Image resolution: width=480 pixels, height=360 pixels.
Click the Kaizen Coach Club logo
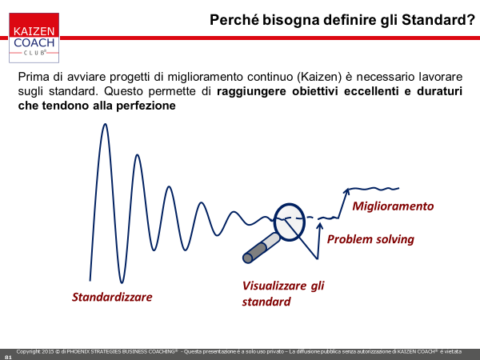pos(34,38)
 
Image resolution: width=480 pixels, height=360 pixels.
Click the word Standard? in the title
pos(438,20)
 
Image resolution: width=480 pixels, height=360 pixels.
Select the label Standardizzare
pos(112,297)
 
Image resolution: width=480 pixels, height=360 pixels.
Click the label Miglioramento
pos(393,206)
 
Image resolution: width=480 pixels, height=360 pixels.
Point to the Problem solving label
pos(370,239)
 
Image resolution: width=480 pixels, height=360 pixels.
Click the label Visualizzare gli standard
pos(283,294)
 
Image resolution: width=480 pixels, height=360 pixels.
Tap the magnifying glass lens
pos(290,222)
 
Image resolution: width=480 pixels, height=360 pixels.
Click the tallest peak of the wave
pos(105,124)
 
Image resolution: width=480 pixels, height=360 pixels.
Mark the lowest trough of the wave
pos(122,282)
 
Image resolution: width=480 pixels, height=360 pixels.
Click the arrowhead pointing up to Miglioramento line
pos(346,191)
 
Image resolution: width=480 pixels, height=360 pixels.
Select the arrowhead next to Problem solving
pos(319,226)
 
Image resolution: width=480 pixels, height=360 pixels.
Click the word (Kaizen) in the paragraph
pos(319,77)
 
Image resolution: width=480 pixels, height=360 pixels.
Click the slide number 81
pos(8,358)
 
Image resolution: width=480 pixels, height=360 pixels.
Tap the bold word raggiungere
pos(251,91)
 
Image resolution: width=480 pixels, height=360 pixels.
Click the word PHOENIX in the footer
pos(78,352)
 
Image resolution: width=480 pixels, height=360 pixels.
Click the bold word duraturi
pos(439,91)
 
